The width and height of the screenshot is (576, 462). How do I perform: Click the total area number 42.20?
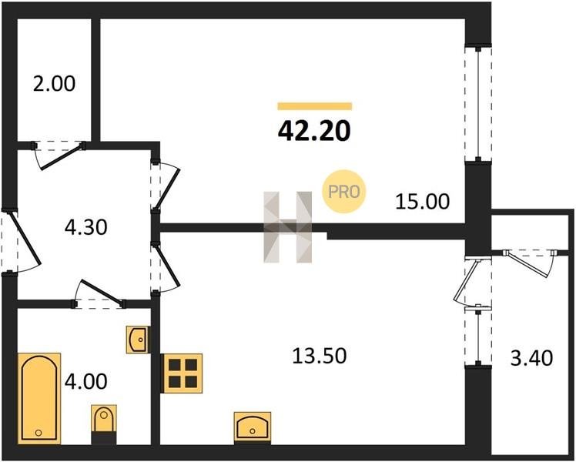314,131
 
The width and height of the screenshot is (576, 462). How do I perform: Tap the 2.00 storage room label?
54,84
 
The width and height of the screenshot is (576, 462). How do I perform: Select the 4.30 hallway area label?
86,227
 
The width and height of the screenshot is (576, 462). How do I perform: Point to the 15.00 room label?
423,202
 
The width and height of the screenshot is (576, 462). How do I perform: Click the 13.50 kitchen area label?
320,356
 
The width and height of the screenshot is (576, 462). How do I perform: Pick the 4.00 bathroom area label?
86,381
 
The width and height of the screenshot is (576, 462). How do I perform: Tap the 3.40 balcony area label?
531,358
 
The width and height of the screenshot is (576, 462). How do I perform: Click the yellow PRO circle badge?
344,191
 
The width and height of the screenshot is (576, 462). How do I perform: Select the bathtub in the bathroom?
39,398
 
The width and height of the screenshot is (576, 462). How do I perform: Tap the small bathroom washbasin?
138,340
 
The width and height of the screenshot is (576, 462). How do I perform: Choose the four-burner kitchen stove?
183,373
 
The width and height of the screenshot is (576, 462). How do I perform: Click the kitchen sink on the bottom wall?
253,427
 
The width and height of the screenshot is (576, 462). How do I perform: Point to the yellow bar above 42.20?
315,106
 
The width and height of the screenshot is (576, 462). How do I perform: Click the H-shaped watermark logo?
288,227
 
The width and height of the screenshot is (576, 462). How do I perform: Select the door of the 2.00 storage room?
59,154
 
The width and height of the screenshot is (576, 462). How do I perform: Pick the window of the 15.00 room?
478,103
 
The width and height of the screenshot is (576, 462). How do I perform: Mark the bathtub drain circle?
39,433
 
